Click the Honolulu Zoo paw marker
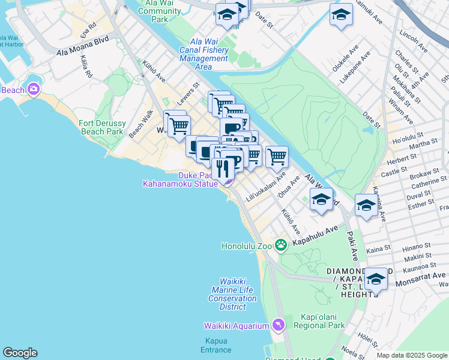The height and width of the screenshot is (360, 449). pos(280,245)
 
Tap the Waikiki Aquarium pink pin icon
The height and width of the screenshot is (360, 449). pos(277,325)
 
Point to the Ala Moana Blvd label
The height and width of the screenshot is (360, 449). pos(82,46)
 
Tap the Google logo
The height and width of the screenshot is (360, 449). pos(20,353)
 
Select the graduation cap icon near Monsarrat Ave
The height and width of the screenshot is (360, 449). pos(376,279)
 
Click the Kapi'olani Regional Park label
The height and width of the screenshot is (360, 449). pos(319,321)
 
